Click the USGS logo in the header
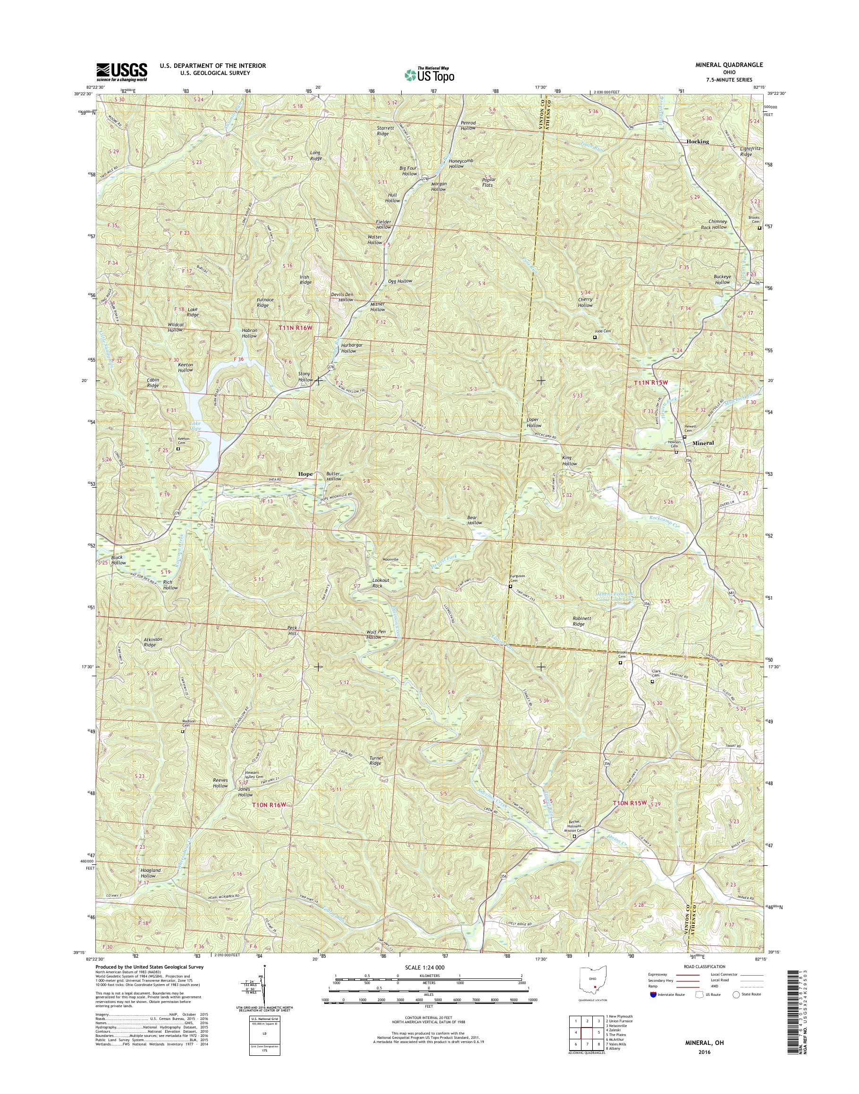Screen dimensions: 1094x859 pyautogui.click(x=122, y=72)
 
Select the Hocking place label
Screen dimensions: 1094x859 pyautogui.click(x=698, y=142)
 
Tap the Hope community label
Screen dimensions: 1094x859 pyautogui.click(x=305, y=474)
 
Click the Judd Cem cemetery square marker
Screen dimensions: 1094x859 pyautogui.click(x=595, y=338)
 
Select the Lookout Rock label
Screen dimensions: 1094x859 pyautogui.click(x=381, y=583)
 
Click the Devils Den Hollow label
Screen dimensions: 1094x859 pyautogui.click(x=342, y=297)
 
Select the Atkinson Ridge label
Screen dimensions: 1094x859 pyautogui.click(x=153, y=642)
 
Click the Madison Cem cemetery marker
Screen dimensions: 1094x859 pyautogui.click(x=183, y=732)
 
